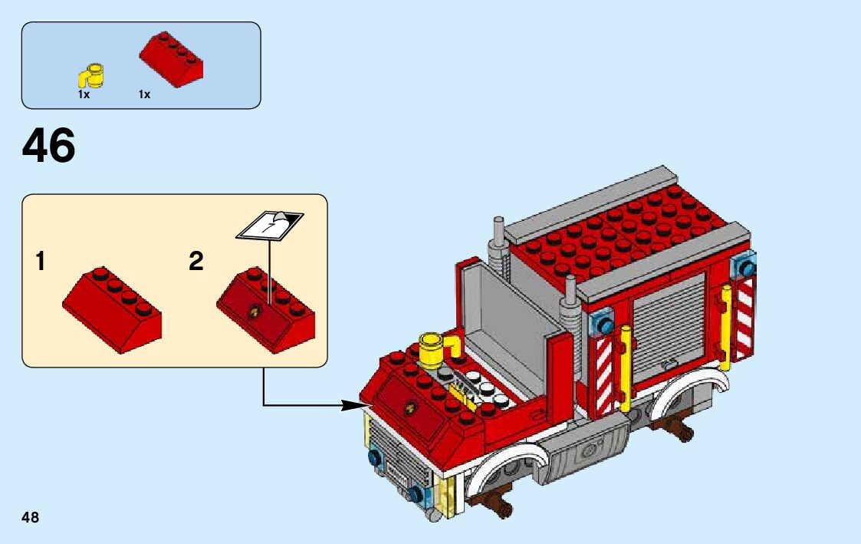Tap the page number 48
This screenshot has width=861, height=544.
pos(31,517)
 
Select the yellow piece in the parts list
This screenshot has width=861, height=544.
pos(92,76)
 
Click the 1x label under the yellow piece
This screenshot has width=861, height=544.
pos(84,94)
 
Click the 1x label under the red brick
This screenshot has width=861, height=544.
pos(144,94)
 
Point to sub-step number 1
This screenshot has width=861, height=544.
pos(40,262)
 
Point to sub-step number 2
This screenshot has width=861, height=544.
pos(196,262)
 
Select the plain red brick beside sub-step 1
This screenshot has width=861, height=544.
pos(112,308)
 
